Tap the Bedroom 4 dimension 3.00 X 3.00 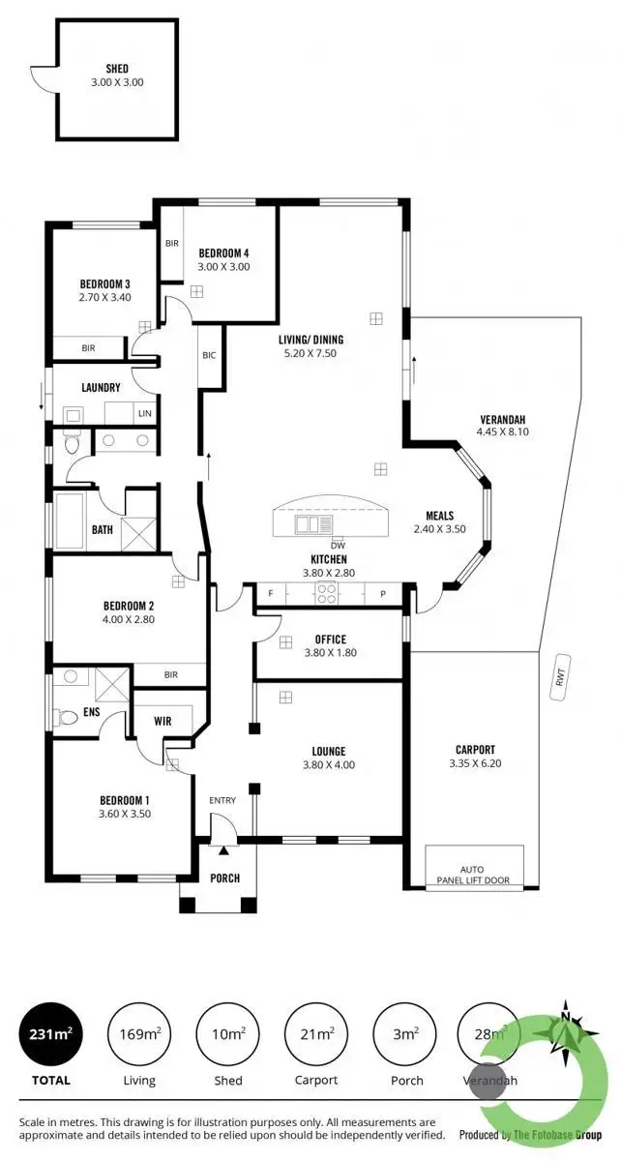[x=224, y=267]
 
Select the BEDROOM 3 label [x=105, y=284]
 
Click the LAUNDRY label [x=102, y=388]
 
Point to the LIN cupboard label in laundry [x=145, y=414]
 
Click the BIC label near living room [x=209, y=355]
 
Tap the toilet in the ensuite [x=67, y=718]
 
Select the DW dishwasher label [x=337, y=545]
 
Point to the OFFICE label [x=330, y=640]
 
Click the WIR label [x=163, y=721]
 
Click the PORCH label [x=224, y=878]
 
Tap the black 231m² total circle [x=47, y=1034]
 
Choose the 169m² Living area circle [x=138, y=1034]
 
